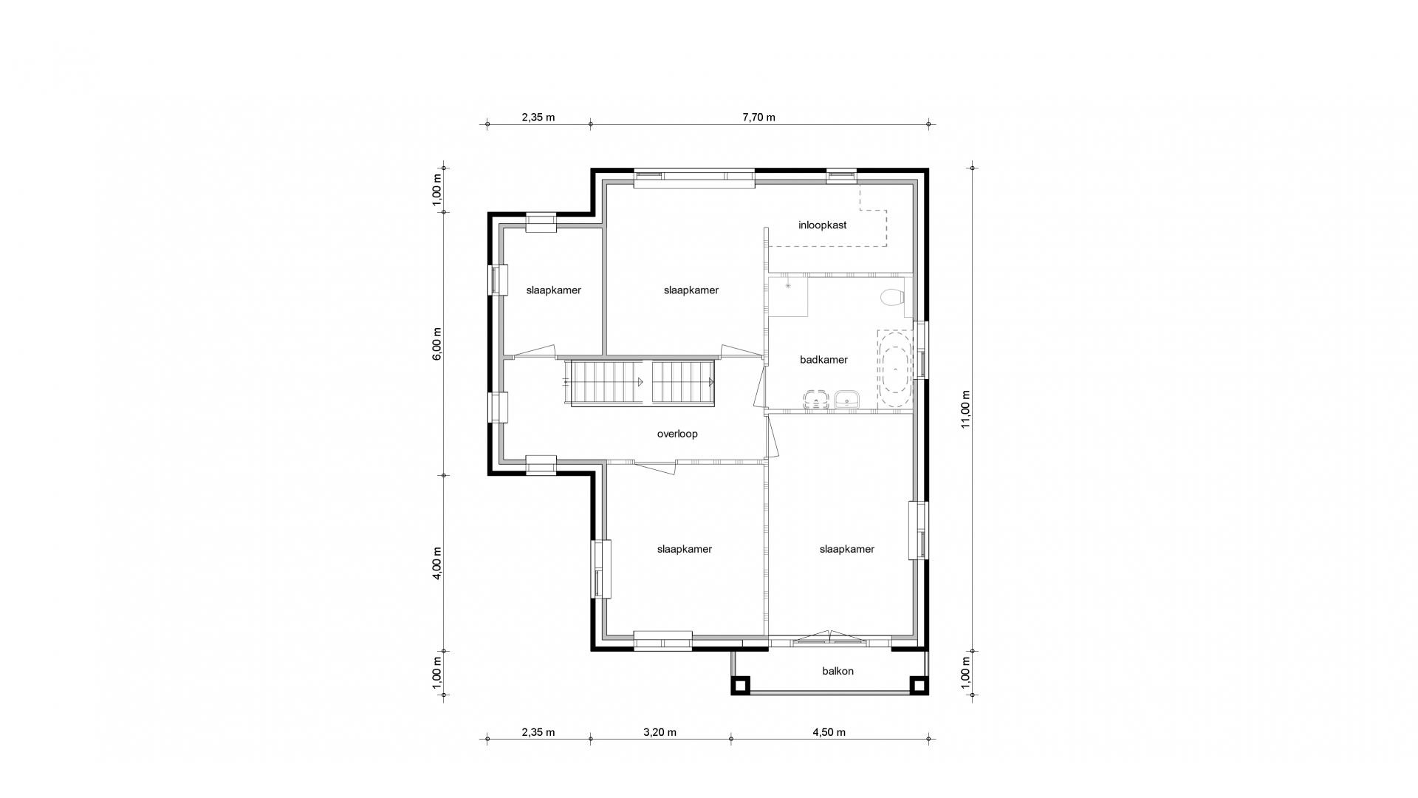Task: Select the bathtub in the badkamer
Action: [x=894, y=369]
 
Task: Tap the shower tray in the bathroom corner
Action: [x=788, y=296]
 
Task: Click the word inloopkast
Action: [x=822, y=225]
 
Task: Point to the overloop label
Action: [x=677, y=434]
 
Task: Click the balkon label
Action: [x=838, y=671]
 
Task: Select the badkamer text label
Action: [x=823, y=360]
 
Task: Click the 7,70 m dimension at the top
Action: [x=759, y=117]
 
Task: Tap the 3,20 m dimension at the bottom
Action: [x=660, y=732]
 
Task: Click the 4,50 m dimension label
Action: [x=829, y=732]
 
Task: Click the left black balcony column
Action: [x=741, y=686]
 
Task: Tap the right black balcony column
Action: [x=919, y=686]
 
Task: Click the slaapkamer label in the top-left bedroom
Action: [x=553, y=290]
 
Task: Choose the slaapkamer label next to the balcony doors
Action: [x=846, y=549]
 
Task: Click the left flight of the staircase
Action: [x=605, y=382]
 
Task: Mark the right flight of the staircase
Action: [x=683, y=382]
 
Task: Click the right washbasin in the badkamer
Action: [x=846, y=400]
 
